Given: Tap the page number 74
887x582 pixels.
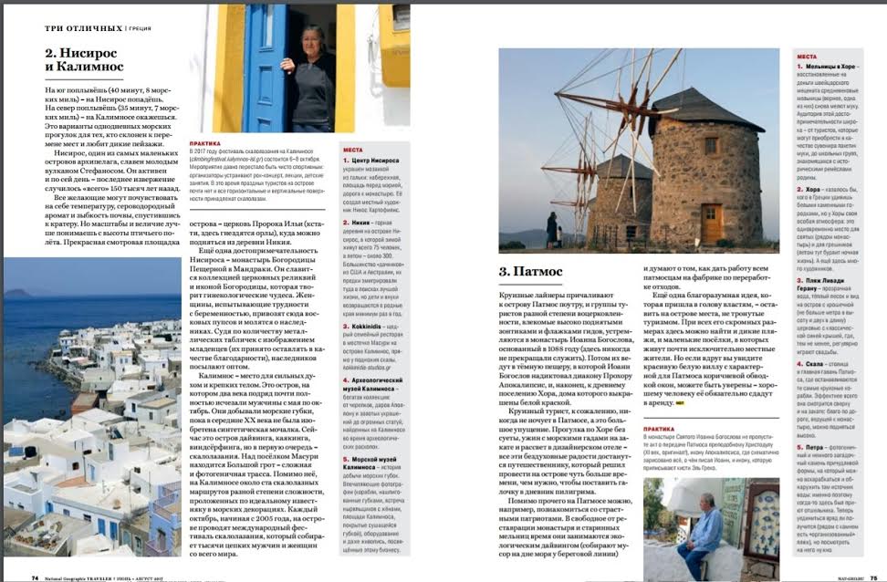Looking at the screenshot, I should [x=35, y=576].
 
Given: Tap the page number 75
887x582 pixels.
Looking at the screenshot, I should [x=871, y=576].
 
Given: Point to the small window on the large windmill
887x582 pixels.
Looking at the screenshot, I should [x=710, y=145].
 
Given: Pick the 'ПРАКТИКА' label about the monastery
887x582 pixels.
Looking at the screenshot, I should [x=659, y=429].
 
